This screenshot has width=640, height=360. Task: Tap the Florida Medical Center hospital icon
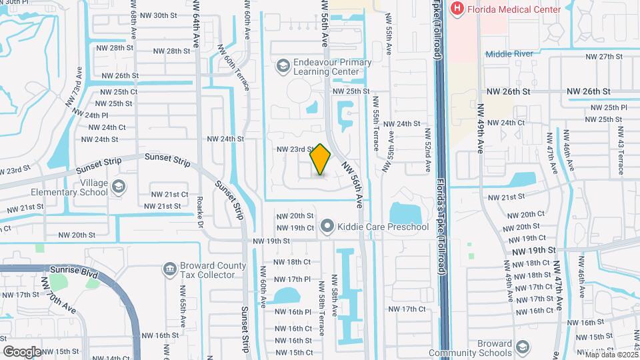(457, 9)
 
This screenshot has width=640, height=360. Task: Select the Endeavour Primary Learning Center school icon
(283, 65)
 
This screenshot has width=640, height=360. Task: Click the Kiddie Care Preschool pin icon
(327, 227)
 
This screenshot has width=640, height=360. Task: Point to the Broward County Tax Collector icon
(169, 269)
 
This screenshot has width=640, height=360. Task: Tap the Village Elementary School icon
(119, 185)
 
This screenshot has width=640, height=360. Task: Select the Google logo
(22, 351)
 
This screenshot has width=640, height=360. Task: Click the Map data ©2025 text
(611, 355)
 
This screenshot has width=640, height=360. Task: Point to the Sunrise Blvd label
(75, 274)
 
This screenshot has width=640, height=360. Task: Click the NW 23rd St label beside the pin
(295, 149)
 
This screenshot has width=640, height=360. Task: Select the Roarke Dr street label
(200, 211)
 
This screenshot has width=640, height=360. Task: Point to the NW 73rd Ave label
(80, 83)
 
